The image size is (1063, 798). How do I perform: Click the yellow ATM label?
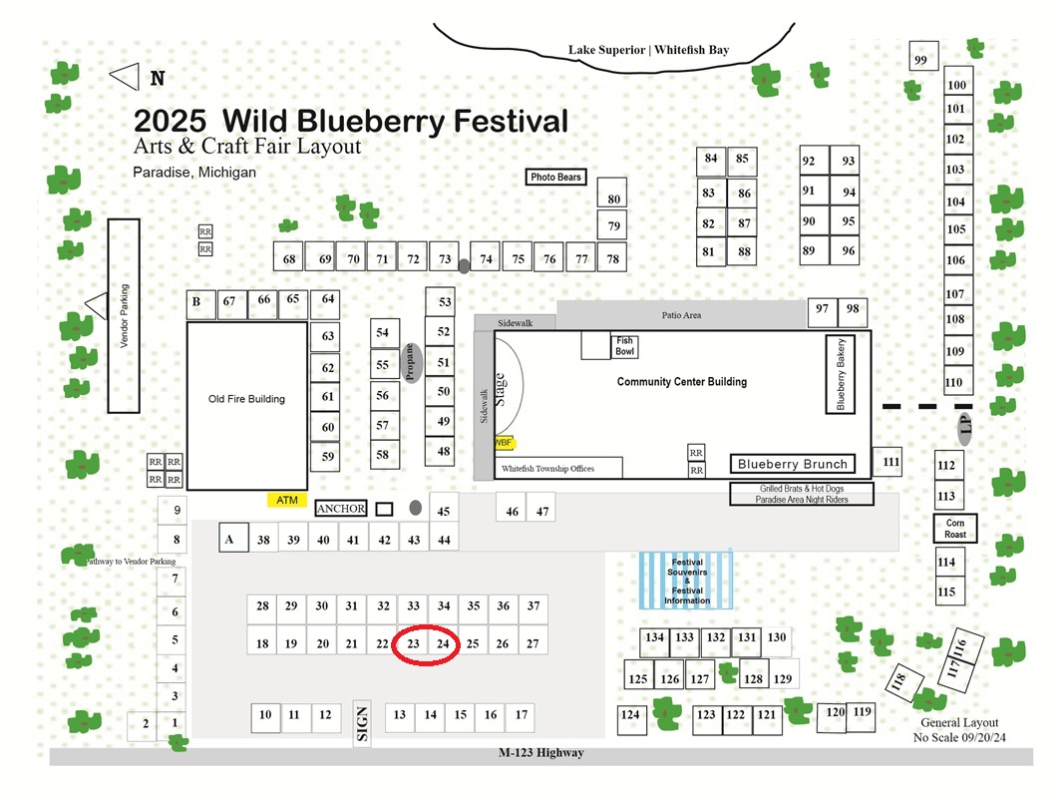(287, 500)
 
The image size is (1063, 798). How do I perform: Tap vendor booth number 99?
(923, 56)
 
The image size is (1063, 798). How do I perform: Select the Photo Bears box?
(555, 177)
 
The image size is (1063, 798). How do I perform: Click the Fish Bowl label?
(624, 346)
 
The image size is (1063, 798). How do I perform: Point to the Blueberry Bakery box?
(840, 374)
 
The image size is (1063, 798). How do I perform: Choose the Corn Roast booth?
(955, 528)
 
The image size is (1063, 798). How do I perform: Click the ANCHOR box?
(341, 509)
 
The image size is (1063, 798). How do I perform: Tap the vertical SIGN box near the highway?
(362, 723)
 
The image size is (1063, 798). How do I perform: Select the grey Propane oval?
(410, 363)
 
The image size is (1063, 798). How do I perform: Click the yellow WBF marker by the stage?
(504, 443)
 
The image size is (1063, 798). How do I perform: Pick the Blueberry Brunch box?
(792, 464)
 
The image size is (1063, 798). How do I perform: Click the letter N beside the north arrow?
(158, 78)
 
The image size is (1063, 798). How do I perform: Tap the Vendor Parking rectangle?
(124, 316)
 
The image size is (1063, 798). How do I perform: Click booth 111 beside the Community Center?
(886, 462)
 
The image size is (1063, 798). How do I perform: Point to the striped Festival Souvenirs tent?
(686, 581)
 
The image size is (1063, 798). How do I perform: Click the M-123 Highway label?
(541, 752)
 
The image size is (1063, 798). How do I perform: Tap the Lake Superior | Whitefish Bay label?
(649, 50)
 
